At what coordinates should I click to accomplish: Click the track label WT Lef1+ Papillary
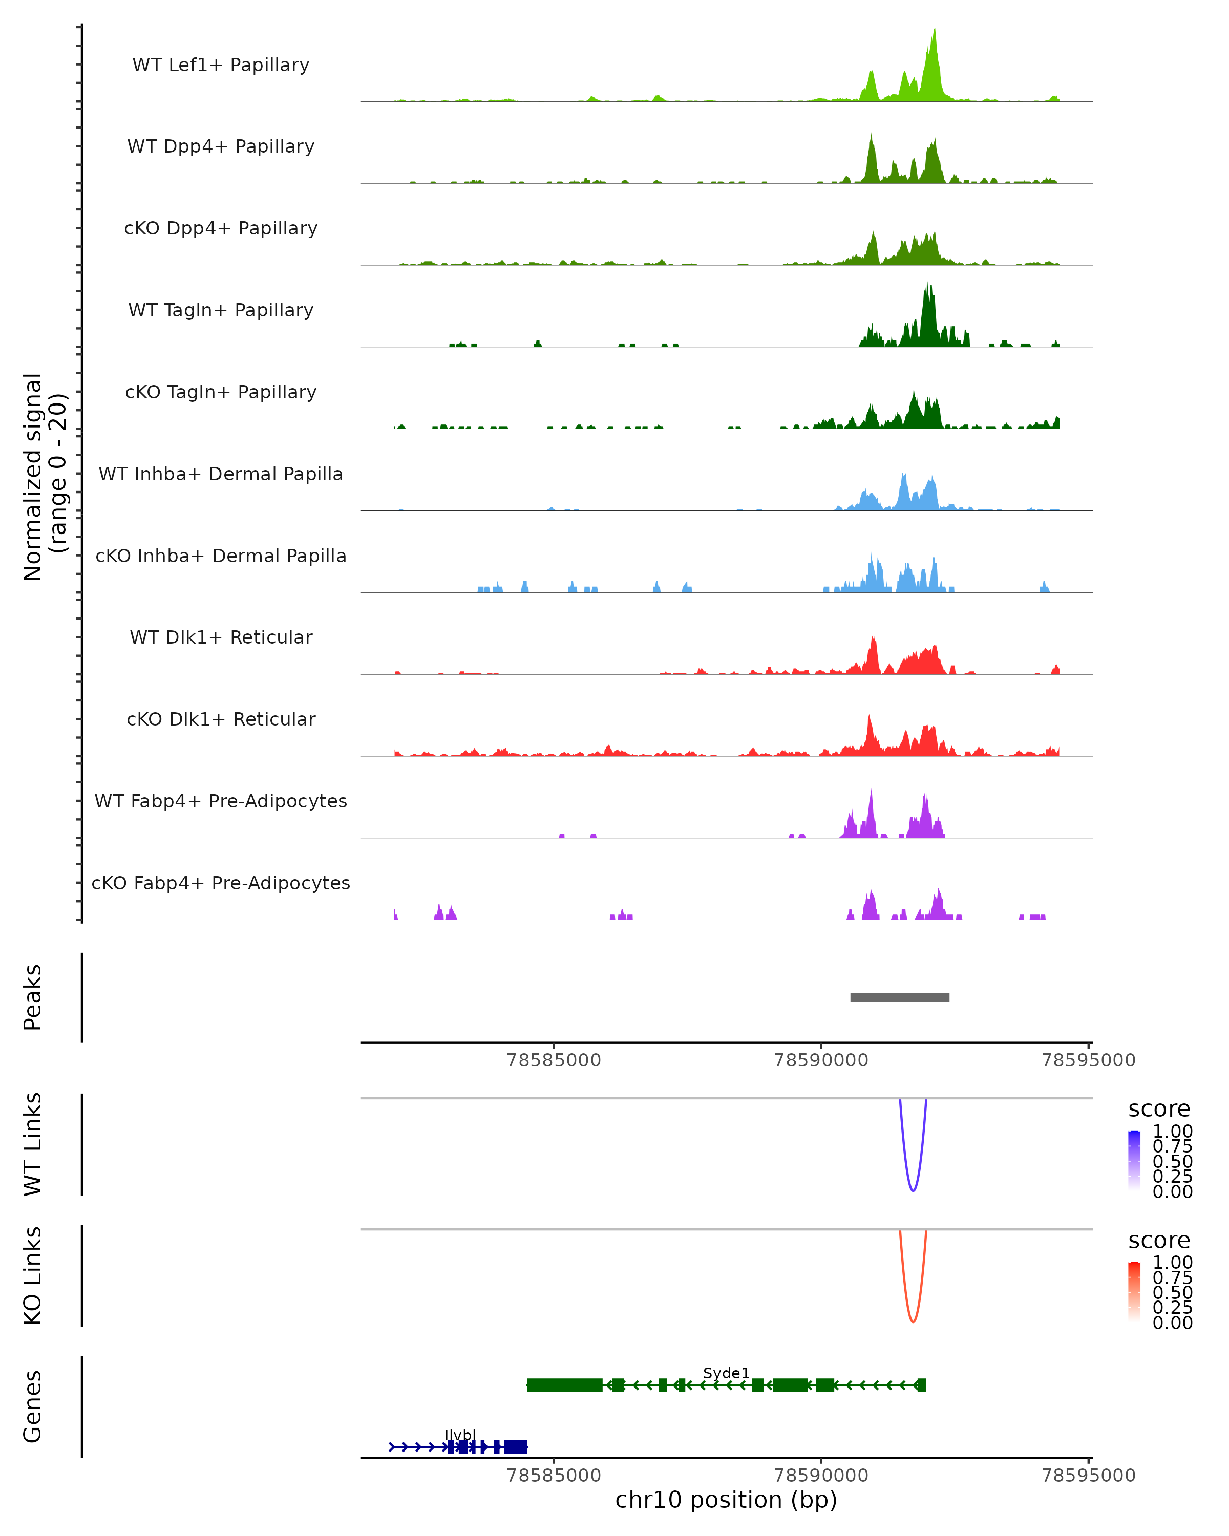(x=221, y=65)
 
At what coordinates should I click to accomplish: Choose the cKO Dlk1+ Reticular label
(x=221, y=719)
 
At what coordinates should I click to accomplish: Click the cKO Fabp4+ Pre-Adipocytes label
(x=221, y=883)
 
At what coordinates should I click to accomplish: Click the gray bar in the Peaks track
(x=899, y=997)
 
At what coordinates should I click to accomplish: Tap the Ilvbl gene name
(x=459, y=1435)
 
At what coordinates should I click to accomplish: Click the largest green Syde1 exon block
(x=564, y=1385)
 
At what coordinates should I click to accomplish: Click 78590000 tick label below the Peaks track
(x=821, y=1060)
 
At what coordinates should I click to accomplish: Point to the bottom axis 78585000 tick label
(x=554, y=1476)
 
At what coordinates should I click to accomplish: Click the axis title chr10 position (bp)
(x=726, y=1500)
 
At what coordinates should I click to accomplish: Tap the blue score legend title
(x=1159, y=1110)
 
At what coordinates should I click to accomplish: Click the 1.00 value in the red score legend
(x=1173, y=1263)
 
